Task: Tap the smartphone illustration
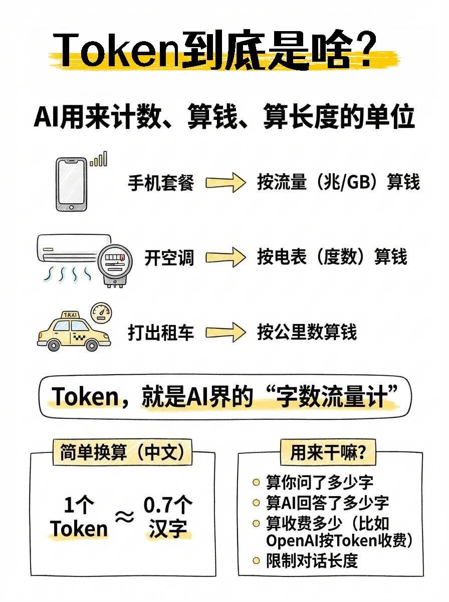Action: coord(70,184)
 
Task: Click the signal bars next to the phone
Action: coord(99,160)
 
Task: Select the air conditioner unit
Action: coord(73,248)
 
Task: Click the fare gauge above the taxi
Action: coord(102,312)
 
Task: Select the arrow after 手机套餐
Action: coord(225,183)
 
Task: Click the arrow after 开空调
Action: coord(225,258)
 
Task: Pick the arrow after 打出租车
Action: coord(225,333)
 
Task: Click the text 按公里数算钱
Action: coord(307,332)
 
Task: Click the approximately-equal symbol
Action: coord(125,517)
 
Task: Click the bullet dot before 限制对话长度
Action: coord(256,560)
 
